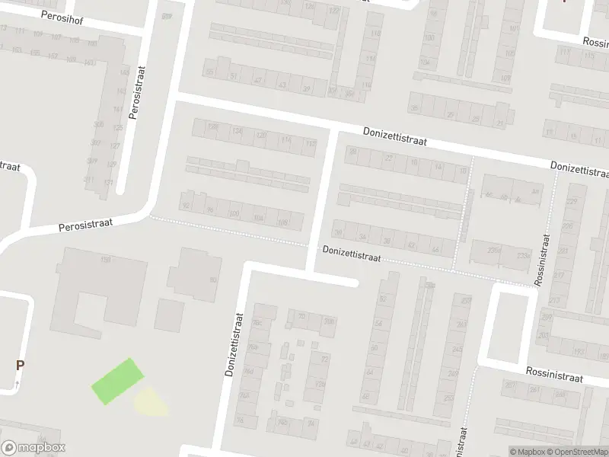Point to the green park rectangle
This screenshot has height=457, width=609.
(116, 381)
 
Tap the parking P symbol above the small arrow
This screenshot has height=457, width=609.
(20, 365)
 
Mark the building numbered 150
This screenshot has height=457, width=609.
(106, 260)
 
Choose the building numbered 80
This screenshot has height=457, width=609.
(212, 280)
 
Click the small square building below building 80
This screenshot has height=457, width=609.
(169, 314)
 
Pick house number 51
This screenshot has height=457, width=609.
(234, 76)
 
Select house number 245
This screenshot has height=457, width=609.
(458, 350)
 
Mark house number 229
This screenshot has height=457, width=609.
(572, 201)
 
